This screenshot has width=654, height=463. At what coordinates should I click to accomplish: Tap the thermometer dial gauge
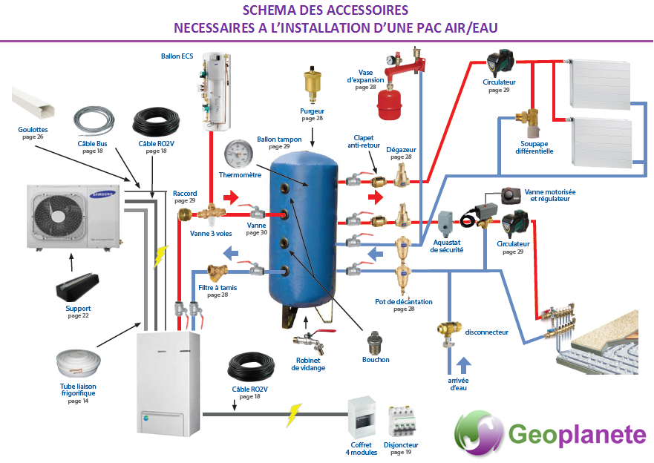click(x=238, y=154)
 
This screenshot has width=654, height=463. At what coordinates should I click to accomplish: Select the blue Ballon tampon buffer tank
click(x=303, y=231)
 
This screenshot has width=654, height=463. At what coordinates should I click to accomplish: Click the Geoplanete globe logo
click(x=478, y=433)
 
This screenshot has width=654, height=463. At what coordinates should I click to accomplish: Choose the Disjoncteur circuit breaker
click(x=402, y=422)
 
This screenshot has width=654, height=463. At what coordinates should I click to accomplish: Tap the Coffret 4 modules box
click(x=362, y=418)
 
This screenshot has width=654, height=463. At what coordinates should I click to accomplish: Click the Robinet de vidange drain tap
click(x=313, y=340)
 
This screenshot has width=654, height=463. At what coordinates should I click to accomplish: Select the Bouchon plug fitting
click(x=376, y=343)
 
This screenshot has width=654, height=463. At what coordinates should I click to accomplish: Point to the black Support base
click(x=77, y=287)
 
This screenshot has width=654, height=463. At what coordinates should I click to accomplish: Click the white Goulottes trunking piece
click(x=33, y=102)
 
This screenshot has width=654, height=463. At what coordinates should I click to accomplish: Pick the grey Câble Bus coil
click(x=94, y=121)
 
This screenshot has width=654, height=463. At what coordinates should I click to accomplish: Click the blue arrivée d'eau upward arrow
click(x=463, y=365)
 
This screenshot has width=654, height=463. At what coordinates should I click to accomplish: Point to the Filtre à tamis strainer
click(x=218, y=272)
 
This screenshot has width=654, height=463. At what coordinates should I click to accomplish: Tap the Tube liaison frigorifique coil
click(x=79, y=364)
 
